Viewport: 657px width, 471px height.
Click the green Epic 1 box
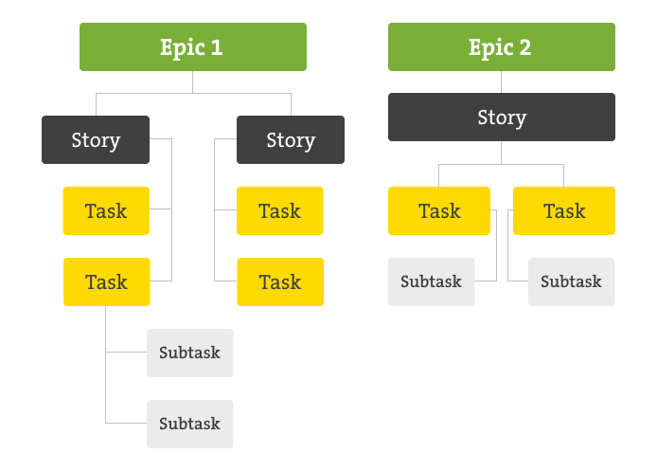(193, 47)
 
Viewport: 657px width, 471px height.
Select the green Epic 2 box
(502, 47)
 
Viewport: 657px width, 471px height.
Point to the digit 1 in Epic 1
(217, 47)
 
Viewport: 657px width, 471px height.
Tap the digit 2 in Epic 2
(525, 47)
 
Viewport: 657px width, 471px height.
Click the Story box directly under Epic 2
(502, 117)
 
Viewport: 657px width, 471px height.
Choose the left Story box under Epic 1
(96, 139)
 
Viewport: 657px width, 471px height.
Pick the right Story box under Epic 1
(291, 139)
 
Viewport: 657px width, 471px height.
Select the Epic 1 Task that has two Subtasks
(106, 281)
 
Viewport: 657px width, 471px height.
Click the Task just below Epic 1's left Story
(106, 210)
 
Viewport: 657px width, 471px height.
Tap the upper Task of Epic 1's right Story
(280, 210)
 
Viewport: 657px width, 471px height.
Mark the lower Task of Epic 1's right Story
(280, 281)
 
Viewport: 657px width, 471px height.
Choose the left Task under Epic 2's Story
(439, 210)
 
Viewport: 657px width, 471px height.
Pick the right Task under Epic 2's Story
(564, 210)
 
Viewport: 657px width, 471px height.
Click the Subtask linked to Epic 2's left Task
(431, 281)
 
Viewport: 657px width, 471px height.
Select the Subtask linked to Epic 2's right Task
(572, 281)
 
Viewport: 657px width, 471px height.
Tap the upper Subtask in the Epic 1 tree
(189, 353)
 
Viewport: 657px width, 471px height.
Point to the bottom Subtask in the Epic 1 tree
(189, 424)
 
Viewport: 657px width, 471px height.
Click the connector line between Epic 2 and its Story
(501, 82)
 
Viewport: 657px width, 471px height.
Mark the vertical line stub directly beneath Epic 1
(193, 82)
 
